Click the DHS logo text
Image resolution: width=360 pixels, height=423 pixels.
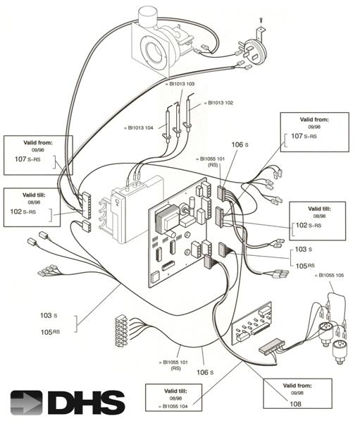(x=85, y=402)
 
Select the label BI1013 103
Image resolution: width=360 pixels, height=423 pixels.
(x=181, y=83)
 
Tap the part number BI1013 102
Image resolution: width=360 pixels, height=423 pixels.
(x=220, y=102)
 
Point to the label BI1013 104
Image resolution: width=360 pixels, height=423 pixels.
(x=142, y=128)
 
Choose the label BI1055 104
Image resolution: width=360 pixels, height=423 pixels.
(x=179, y=407)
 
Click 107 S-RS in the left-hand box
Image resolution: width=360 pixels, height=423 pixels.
(x=28, y=159)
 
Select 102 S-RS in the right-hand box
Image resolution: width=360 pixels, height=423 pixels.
(x=309, y=225)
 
